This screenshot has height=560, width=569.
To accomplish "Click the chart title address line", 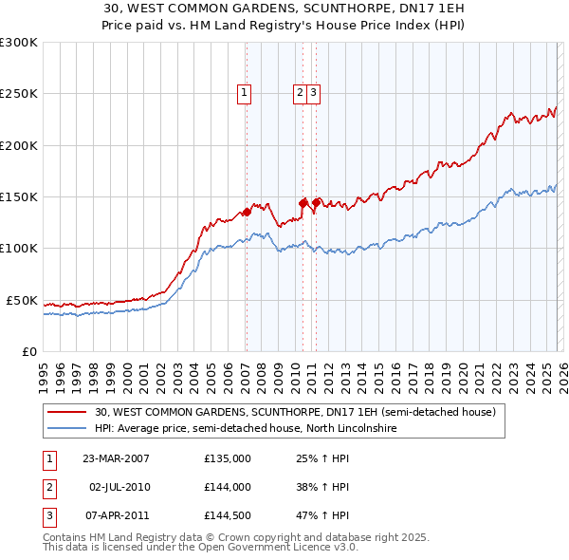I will tap(284, 8).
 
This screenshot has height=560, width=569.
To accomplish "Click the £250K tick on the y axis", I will tap(19, 94).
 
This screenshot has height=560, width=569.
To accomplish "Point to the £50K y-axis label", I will tap(22, 300).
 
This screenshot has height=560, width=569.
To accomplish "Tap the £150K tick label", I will tap(19, 197).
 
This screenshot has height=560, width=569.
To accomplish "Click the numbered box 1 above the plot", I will tap(245, 93).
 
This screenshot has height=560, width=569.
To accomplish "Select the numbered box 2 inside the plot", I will tap(300, 93).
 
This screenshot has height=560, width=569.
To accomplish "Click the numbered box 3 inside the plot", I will tap(313, 93).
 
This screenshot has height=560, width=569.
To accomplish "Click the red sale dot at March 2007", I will tap(247, 212).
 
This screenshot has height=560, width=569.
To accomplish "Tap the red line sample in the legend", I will tap(68, 413).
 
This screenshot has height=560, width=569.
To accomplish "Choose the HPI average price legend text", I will tap(245, 429).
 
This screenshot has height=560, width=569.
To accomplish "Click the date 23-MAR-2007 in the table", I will tap(116, 457).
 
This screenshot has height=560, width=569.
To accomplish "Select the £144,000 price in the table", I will tap(227, 487).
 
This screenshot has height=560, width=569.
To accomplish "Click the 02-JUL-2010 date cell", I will tap(119, 487).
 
